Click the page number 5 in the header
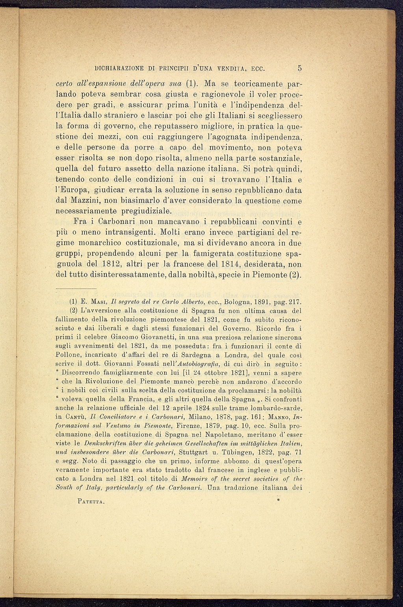300,68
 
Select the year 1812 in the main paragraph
108,264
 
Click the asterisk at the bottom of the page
278,501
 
